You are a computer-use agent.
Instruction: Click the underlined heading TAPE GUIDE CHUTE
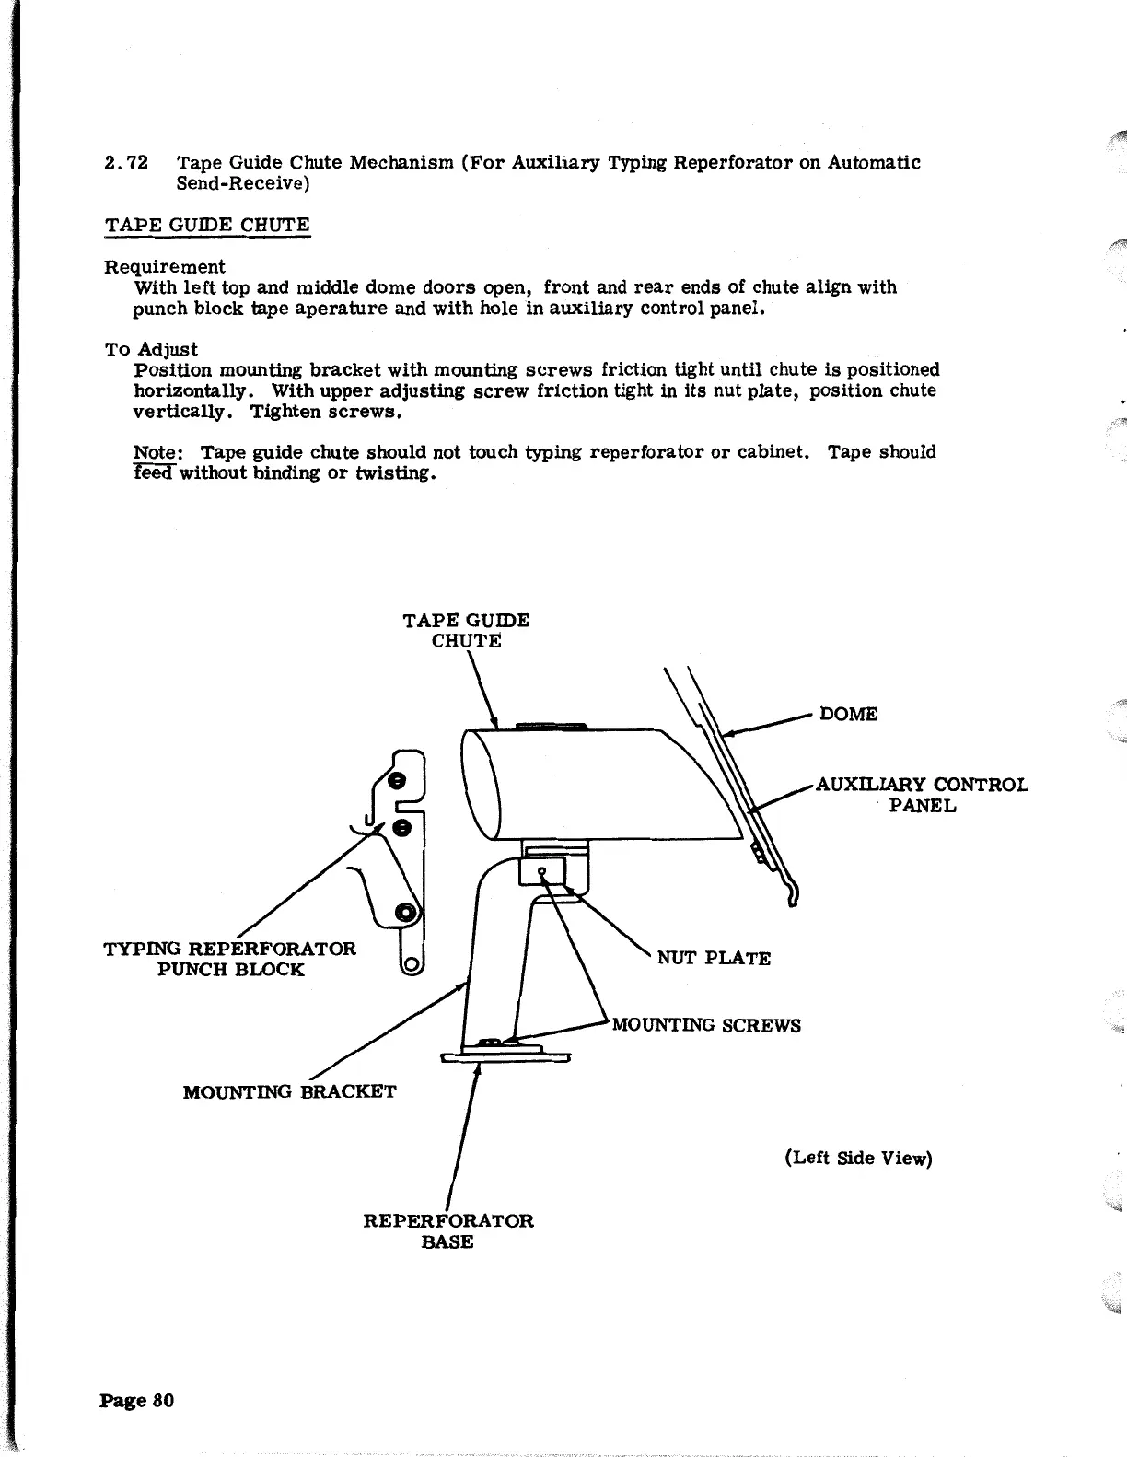pyautogui.click(x=207, y=226)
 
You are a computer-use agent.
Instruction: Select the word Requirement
pyautogui.click(x=164, y=267)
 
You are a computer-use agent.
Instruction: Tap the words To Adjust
pyautogui.click(x=151, y=349)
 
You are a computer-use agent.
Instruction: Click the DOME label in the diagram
pyautogui.click(x=848, y=714)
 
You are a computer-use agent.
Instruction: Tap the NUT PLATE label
pyautogui.click(x=714, y=958)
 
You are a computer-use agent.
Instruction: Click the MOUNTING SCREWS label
pyautogui.click(x=706, y=1025)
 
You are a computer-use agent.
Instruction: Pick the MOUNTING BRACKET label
pyautogui.click(x=290, y=1092)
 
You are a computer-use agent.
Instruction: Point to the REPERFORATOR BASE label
pyautogui.click(x=448, y=1230)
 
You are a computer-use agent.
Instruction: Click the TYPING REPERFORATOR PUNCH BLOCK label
pyautogui.click(x=230, y=959)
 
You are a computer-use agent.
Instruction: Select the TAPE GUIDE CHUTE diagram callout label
pyautogui.click(x=466, y=630)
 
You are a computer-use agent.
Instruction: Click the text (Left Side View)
pyautogui.click(x=858, y=1158)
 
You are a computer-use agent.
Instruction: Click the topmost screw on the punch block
pyautogui.click(x=398, y=781)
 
